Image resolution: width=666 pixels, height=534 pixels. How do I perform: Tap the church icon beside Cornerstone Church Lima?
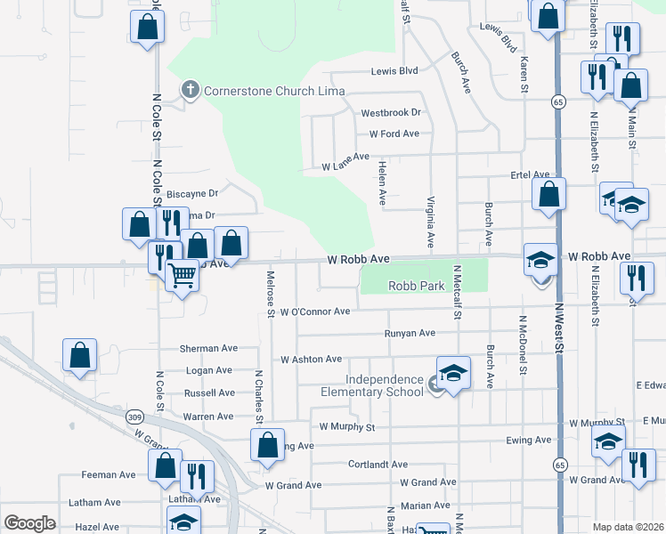pos(189,89)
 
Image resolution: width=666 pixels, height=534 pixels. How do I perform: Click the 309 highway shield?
pos(135,416)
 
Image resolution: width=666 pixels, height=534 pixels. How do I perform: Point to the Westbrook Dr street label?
pos(390,113)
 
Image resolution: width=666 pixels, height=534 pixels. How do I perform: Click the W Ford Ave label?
pos(394,133)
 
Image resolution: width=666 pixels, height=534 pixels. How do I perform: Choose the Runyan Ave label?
pos(409,333)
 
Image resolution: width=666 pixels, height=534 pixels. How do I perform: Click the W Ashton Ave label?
pos(311,360)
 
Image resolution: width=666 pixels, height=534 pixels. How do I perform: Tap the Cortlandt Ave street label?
pos(378,465)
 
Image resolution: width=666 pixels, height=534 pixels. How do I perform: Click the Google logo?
pos(29,522)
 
